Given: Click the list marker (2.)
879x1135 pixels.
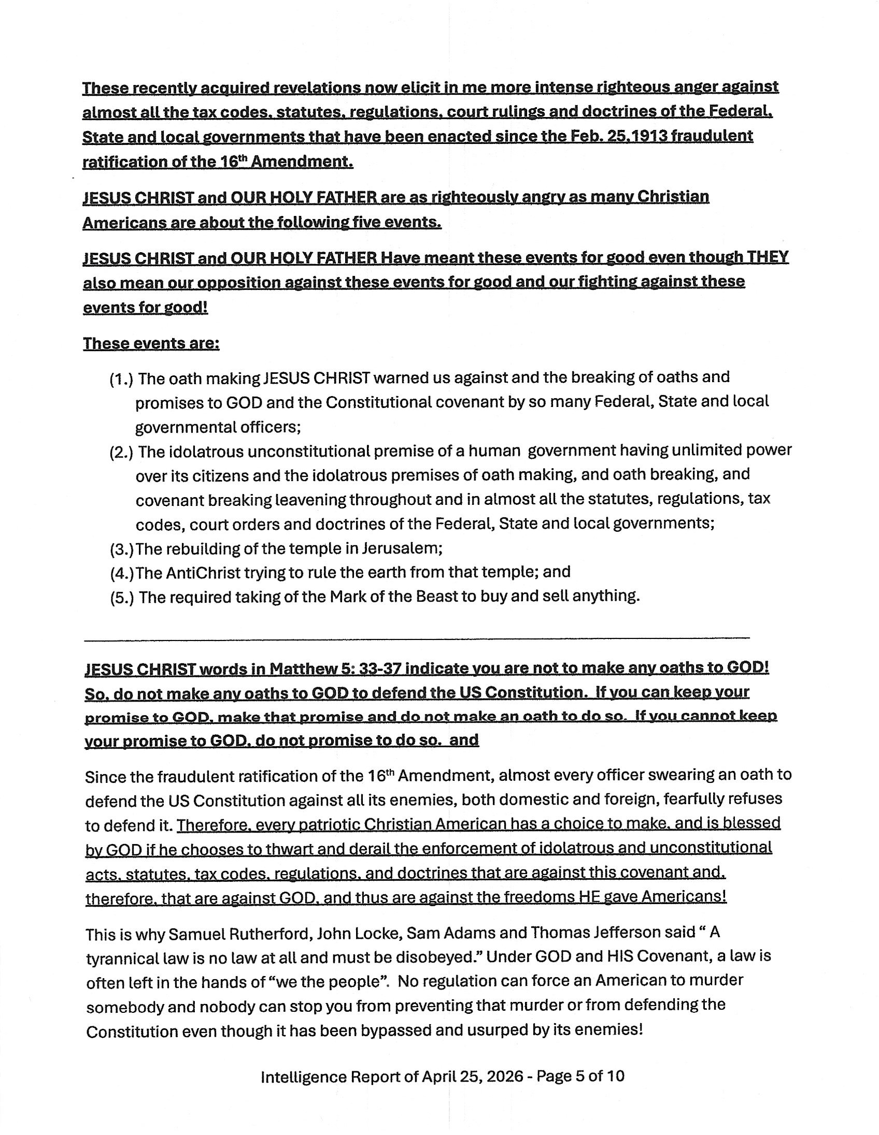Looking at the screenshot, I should (121, 452).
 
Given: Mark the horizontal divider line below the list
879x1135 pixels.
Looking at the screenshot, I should (416, 637).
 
